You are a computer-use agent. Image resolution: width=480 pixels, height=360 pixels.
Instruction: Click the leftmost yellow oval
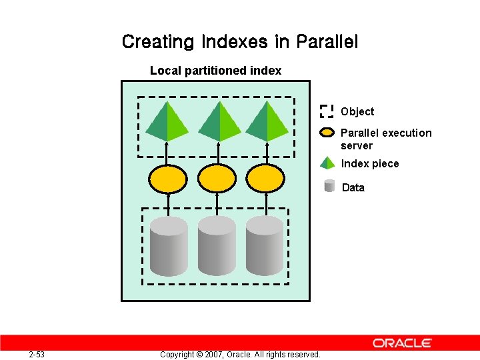[168, 178]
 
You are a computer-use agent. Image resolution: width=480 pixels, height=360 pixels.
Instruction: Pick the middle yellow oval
[217, 178]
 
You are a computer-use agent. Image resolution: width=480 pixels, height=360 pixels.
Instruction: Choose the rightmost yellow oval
[266, 178]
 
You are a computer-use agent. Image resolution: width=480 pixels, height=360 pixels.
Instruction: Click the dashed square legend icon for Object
[327, 111]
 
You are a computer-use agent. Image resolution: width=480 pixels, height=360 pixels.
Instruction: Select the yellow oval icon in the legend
[327, 132]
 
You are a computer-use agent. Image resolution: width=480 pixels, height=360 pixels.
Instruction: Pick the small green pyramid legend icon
[327, 163]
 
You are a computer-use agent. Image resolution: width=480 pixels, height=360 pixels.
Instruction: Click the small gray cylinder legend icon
[329, 186]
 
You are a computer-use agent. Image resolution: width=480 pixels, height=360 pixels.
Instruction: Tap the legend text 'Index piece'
[370, 164]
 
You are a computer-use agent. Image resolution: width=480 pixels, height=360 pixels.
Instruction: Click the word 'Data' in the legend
[353, 188]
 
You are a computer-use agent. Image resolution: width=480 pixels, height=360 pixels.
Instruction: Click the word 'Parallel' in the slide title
[327, 42]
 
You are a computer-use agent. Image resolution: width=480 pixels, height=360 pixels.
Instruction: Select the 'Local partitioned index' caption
[215, 71]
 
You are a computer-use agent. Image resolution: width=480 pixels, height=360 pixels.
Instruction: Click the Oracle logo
[402, 343]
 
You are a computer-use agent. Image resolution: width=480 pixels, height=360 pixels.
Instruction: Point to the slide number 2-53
[37, 354]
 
